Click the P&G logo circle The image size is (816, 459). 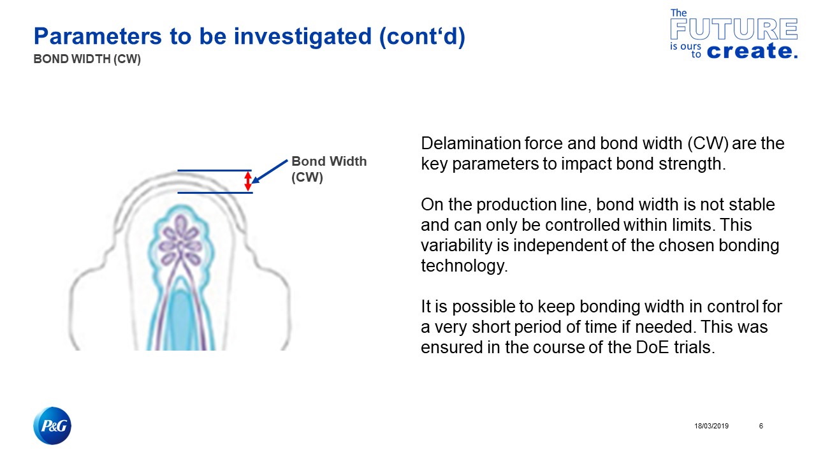pyautogui.click(x=52, y=425)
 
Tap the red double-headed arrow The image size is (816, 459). pyautogui.click(x=249, y=182)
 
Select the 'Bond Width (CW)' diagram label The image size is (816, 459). pyautogui.click(x=329, y=170)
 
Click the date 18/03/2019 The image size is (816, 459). pyautogui.click(x=711, y=426)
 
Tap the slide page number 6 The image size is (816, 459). pyautogui.click(x=761, y=426)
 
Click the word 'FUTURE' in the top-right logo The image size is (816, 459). pyautogui.click(x=734, y=29)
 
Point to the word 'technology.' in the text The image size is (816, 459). pyautogui.click(x=464, y=266)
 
